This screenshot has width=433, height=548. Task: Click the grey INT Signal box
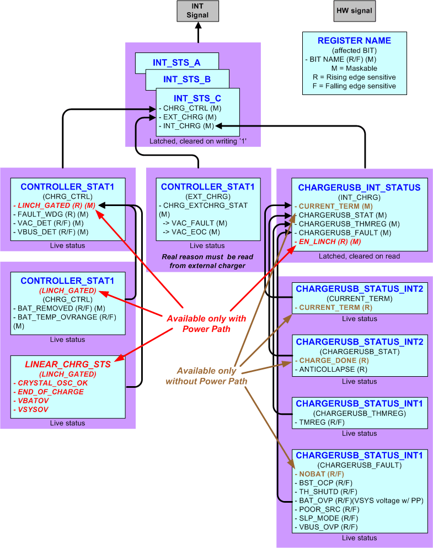point(197,11)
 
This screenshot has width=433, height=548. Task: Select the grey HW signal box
point(354,10)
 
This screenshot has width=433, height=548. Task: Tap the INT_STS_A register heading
point(177,62)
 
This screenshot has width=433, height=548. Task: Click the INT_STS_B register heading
point(187,80)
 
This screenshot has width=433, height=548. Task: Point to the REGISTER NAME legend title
point(354,40)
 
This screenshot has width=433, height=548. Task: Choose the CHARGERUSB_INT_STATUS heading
point(359,188)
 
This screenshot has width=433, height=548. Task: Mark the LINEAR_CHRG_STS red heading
point(68,365)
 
